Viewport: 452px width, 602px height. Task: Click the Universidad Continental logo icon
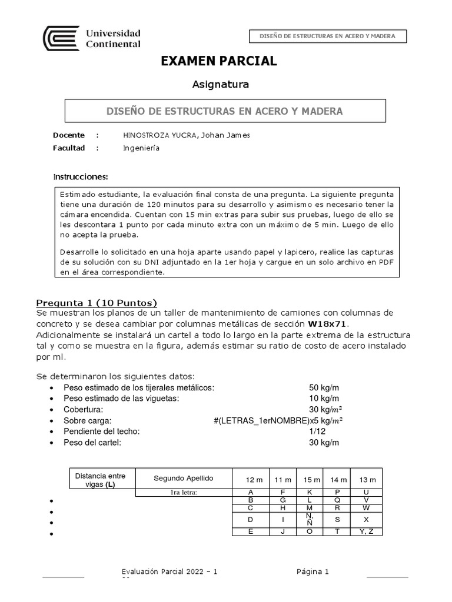pyautogui.click(x=61, y=38)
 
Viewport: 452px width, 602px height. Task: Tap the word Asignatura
pyautogui.click(x=221, y=85)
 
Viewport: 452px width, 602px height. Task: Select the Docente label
pyautogui.click(x=69, y=135)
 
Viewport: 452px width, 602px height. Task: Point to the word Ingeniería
pyautogui.click(x=141, y=148)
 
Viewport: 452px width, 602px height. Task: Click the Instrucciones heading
pyautogui.click(x=81, y=177)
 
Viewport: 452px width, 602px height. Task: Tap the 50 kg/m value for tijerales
pyautogui.click(x=324, y=388)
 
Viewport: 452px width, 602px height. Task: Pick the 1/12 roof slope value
pyautogui.click(x=317, y=431)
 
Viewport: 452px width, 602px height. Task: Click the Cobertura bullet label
pyautogui.click(x=84, y=409)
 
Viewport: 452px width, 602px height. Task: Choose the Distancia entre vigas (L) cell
pyautogui.click(x=101, y=480)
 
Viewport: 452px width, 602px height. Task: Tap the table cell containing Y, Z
pyautogui.click(x=366, y=532)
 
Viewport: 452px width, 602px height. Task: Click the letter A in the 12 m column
pyautogui.click(x=251, y=492)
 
